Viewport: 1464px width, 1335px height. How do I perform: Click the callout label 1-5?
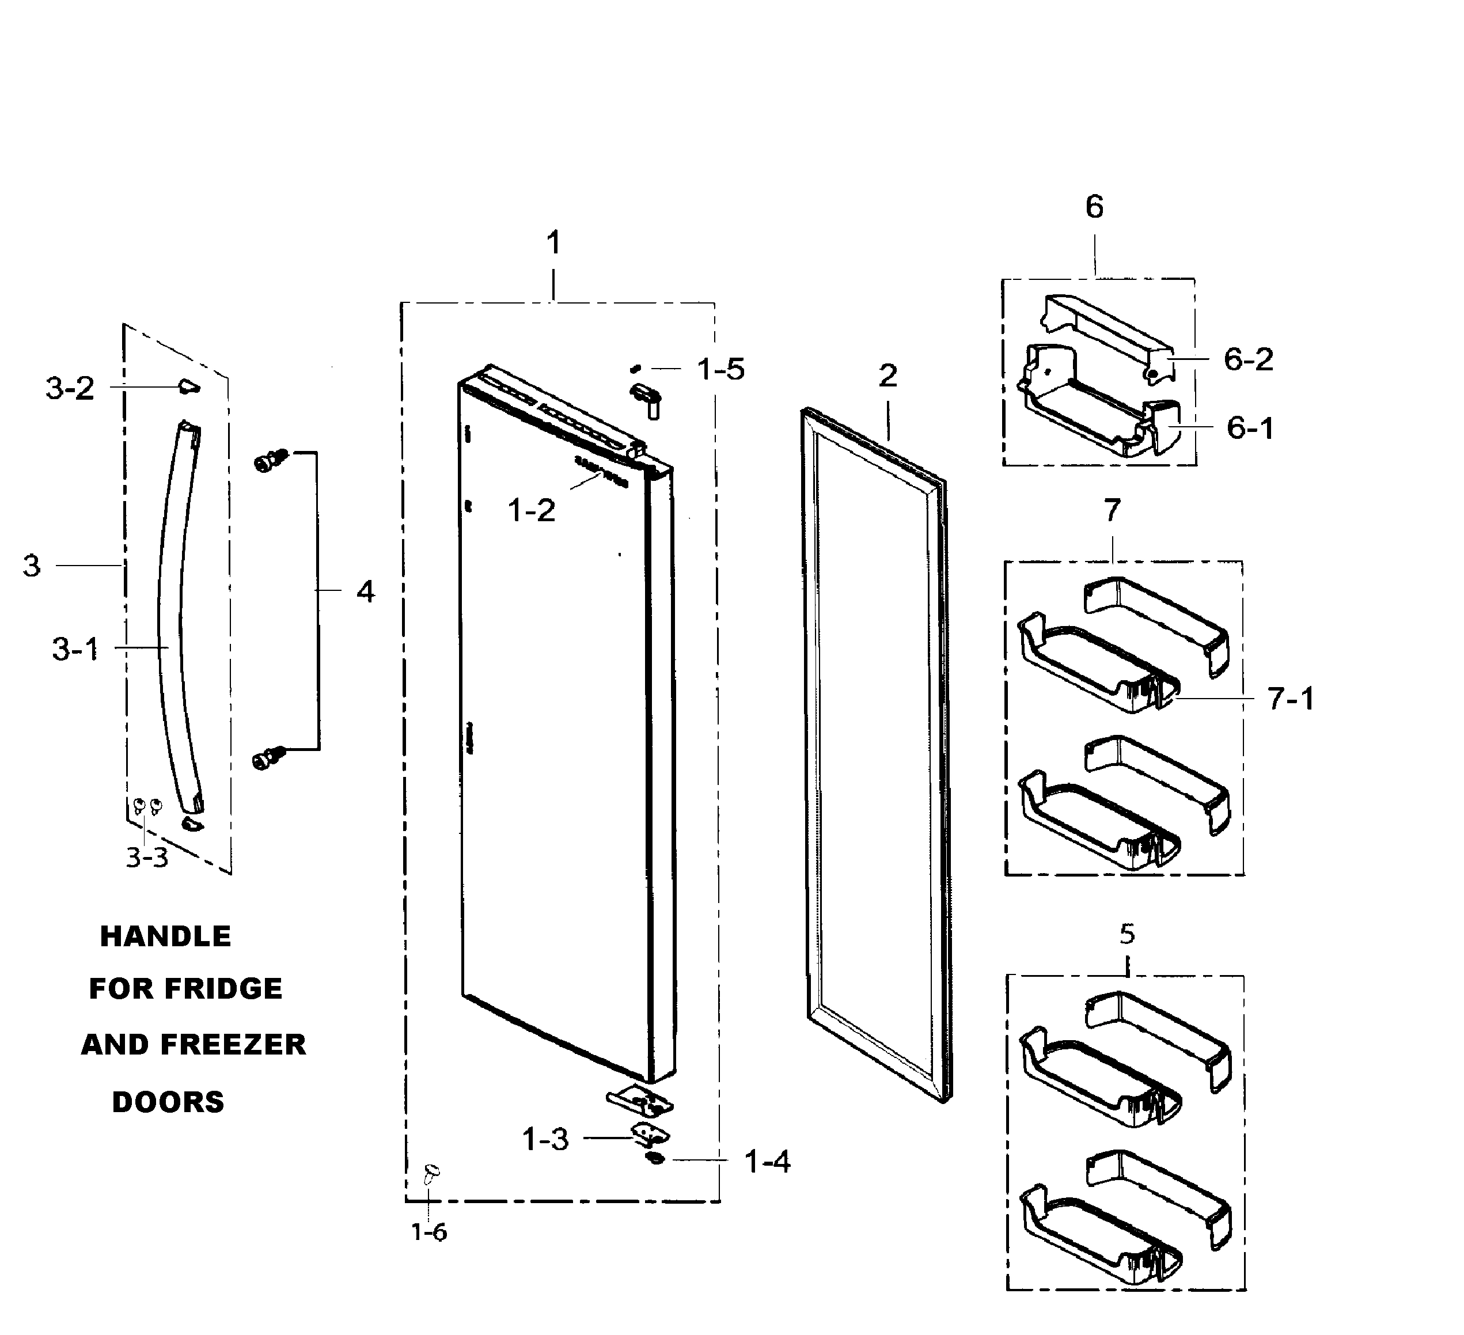point(720,370)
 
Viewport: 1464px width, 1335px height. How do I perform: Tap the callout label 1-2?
point(532,511)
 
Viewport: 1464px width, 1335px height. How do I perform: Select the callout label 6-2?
point(1249,359)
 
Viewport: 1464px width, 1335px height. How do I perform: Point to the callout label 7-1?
point(1291,699)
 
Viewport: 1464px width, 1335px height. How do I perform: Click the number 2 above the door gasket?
point(887,376)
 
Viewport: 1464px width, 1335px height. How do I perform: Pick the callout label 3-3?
point(147,858)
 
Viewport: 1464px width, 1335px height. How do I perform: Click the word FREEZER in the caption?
point(233,1045)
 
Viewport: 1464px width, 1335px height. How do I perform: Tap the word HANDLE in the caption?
point(165,936)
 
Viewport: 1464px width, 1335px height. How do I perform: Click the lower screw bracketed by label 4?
point(267,758)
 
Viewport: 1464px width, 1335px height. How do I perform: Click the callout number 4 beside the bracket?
point(365,592)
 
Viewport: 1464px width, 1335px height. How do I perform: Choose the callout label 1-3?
point(545,1140)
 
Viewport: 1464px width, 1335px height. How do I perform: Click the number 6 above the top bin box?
point(1094,208)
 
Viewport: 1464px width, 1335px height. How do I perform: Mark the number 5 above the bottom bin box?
point(1127,934)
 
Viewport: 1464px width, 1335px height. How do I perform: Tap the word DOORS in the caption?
point(168,1102)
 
